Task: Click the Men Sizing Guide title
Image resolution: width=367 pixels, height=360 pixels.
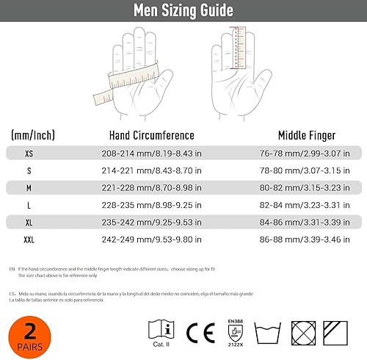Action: pos(183,10)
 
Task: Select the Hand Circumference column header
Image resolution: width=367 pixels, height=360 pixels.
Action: pos(151,135)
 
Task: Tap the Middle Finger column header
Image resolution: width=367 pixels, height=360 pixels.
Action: pos(307,135)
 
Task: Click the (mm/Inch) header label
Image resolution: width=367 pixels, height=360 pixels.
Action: pos(33,135)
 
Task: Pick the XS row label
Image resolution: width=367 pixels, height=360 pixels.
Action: pos(29,154)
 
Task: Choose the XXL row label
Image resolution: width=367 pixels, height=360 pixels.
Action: pos(29,240)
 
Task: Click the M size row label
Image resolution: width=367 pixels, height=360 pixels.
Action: pos(29,188)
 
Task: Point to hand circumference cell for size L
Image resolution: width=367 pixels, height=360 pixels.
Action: pos(151,206)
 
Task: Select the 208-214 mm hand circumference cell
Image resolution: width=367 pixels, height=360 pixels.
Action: pos(151,154)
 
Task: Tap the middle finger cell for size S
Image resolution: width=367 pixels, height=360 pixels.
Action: pos(307,171)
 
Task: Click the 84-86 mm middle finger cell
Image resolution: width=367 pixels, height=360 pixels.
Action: pos(307,223)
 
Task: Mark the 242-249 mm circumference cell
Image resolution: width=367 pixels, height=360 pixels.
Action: pos(151,240)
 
